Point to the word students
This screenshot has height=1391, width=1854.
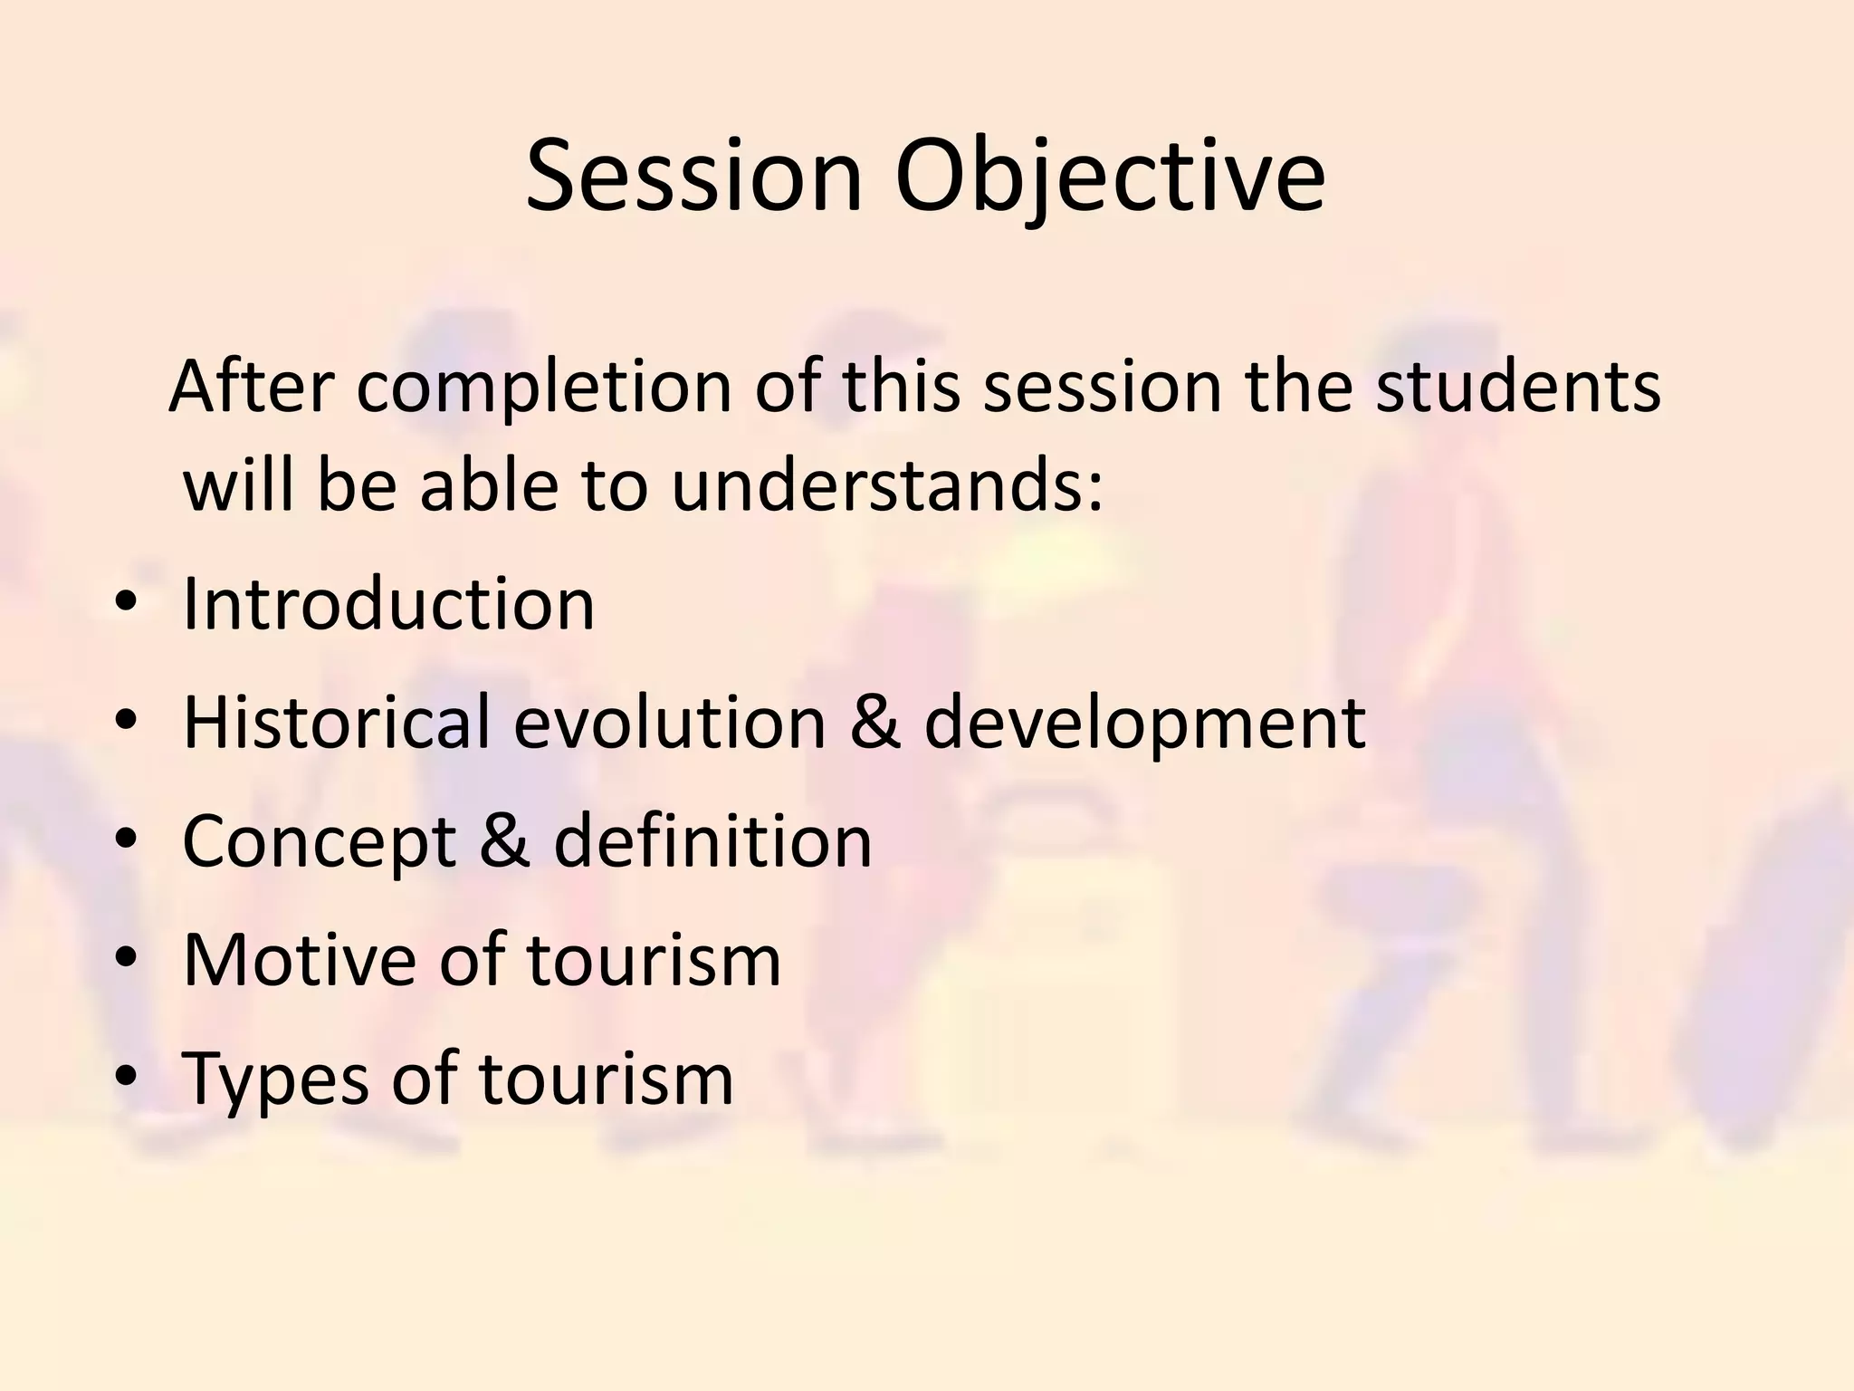[1518, 388]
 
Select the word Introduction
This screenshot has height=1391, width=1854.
[388, 604]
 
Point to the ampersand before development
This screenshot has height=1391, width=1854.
[874, 723]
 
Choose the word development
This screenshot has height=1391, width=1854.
[1144, 723]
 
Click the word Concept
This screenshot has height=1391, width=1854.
[319, 841]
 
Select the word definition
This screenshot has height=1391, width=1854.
[712, 841]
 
